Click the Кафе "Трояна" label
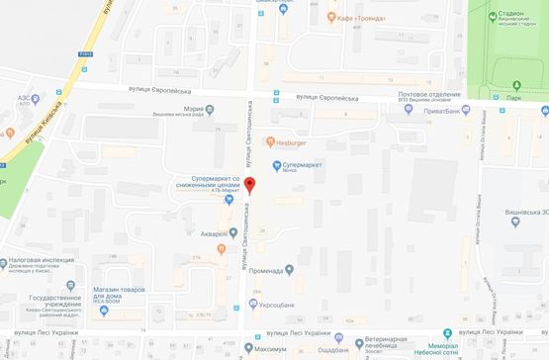360,17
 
